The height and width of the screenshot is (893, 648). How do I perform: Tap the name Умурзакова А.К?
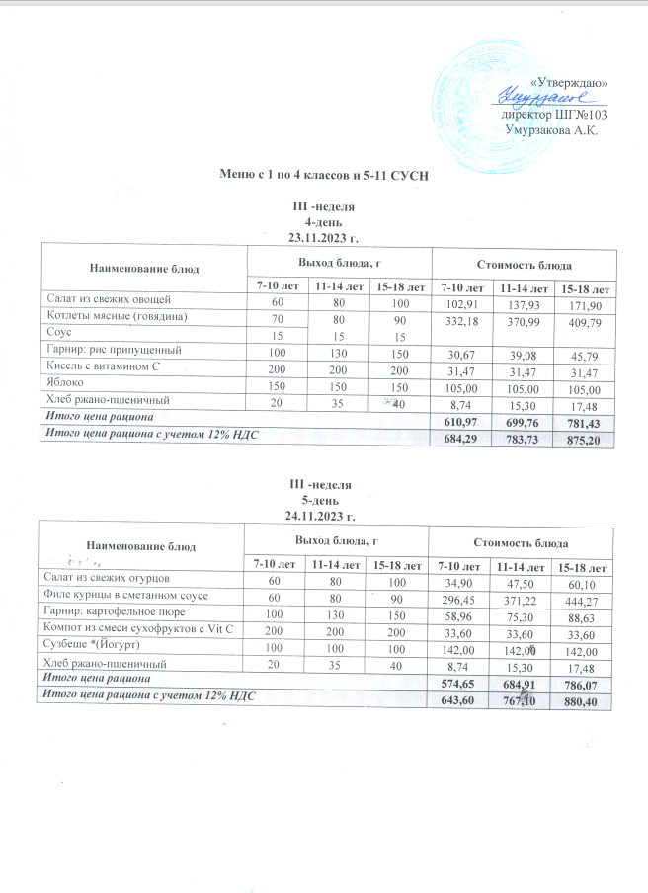[x=552, y=128]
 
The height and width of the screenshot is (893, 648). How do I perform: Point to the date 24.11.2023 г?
[x=321, y=516]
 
